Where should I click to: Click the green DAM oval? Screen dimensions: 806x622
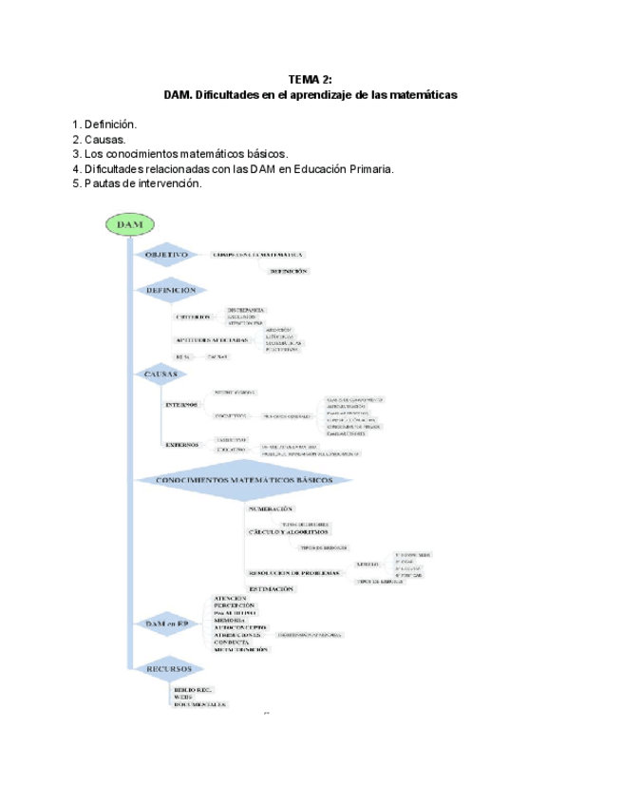(x=129, y=225)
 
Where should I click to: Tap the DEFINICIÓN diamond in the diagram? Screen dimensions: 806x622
(x=171, y=290)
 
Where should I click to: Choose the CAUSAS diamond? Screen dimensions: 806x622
(x=160, y=374)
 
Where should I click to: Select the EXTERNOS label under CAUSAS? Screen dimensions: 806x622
(x=182, y=444)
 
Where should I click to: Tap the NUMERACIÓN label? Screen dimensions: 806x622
(x=277, y=509)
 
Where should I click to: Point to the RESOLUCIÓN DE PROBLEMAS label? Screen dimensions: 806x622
(x=293, y=573)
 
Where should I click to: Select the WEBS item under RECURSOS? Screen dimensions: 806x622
(x=182, y=697)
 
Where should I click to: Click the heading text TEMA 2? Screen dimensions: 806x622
(x=311, y=80)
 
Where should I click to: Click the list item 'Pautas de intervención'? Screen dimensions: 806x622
(x=142, y=183)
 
